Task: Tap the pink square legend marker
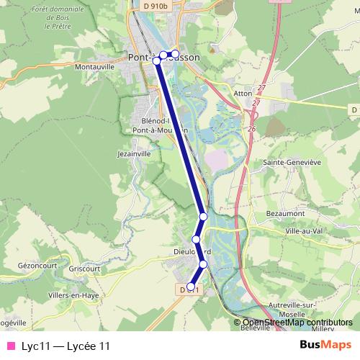[x=10, y=346]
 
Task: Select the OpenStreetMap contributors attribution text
[x=297, y=323]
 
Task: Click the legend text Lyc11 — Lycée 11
[x=66, y=346]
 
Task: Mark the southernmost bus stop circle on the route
[x=191, y=287]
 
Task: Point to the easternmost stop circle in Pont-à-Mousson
[x=175, y=54]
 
